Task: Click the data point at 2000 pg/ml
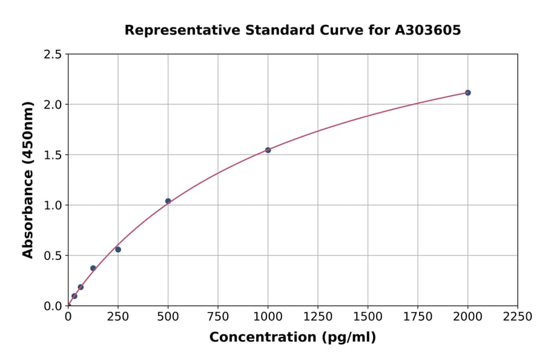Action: [x=467, y=93]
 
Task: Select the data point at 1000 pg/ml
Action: [x=268, y=150]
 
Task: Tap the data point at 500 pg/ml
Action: [x=168, y=201]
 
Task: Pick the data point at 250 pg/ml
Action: [x=118, y=250]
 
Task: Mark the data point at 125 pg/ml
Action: [x=93, y=268]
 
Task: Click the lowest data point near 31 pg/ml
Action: [x=74, y=296]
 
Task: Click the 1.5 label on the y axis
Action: [x=53, y=155]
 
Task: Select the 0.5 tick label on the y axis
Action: [x=53, y=256]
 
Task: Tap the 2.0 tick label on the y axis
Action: [x=53, y=105]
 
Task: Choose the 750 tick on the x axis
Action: [x=218, y=316]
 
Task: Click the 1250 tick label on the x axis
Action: [x=318, y=316]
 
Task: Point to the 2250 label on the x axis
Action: [x=518, y=316]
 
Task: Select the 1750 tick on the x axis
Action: [x=418, y=316]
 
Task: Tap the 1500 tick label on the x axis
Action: [x=368, y=316]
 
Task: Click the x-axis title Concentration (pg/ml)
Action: [x=292, y=338]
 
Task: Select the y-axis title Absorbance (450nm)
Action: [x=28, y=180]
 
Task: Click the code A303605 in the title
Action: [x=429, y=30]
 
